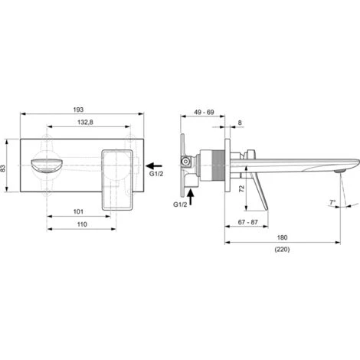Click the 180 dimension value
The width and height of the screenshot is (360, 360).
click(x=282, y=238)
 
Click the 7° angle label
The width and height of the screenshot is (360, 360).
click(x=332, y=202)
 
